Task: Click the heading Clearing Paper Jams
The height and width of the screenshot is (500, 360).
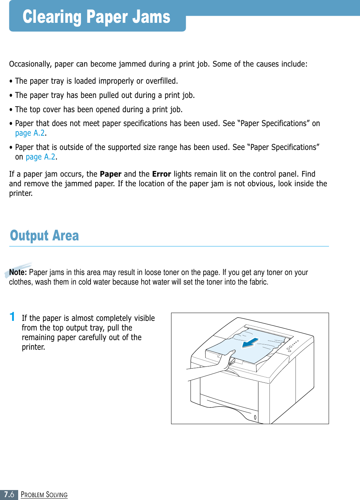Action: [97, 17]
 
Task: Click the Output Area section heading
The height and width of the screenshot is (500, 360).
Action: [45, 235]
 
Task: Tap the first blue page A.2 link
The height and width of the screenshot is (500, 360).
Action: [30, 133]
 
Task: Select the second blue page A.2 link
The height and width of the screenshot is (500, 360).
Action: [41, 157]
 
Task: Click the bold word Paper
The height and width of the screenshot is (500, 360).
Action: [110, 174]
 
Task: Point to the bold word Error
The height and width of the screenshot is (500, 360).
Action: [161, 174]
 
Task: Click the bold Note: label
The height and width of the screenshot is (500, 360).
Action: [18, 272]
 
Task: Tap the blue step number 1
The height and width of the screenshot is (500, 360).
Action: [12, 317]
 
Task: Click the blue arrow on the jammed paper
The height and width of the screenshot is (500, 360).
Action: [251, 343]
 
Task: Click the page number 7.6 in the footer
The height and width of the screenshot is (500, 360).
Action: [9, 494]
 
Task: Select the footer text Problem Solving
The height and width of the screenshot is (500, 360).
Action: [44, 495]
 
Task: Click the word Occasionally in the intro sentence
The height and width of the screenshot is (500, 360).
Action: [30, 64]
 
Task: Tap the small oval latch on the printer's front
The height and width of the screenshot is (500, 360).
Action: [255, 417]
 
